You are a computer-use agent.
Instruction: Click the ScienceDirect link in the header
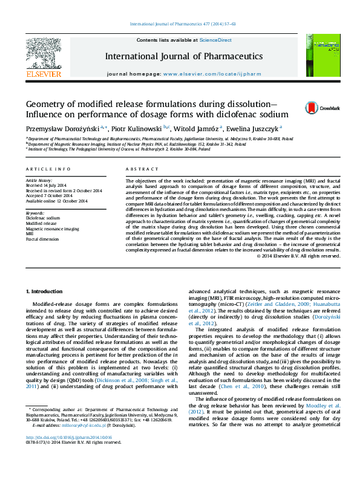coord(216,40)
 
